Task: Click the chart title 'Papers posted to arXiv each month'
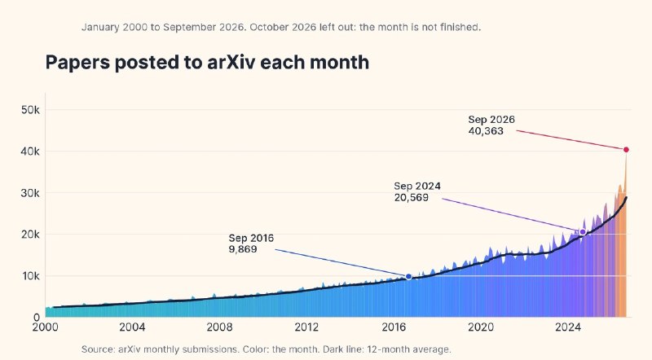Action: pyautogui.click(x=207, y=63)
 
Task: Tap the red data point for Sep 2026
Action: pyautogui.click(x=626, y=150)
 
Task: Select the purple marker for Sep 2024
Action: pyautogui.click(x=583, y=232)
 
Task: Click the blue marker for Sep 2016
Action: pyautogui.click(x=408, y=277)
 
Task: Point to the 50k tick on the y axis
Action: pyautogui.click(x=30, y=110)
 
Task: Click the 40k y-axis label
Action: pyautogui.click(x=30, y=151)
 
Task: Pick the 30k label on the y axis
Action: pyautogui.click(x=30, y=193)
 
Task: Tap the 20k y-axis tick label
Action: pyautogui.click(x=30, y=235)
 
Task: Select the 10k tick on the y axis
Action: pyautogui.click(x=31, y=276)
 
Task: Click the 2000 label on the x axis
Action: pyautogui.click(x=46, y=327)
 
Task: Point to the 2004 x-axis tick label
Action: pyautogui.click(x=132, y=327)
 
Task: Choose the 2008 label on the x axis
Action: pyautogui.click(x=219, y=327)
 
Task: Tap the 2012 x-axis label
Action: pyautogui.click(x=307, y=327)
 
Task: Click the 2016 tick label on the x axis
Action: pyautogui.click(x=394, y=327)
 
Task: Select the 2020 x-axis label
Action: pyautogui.click(x=481, y=327)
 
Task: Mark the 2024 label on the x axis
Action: pyautogui.click(x=568, y=327)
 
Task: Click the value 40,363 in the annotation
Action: pyautogui.click(x=486, y=131)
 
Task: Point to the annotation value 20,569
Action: pyautogui.click(x=412, y=198)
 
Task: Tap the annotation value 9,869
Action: pyautogui.click(x=243, y=249)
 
